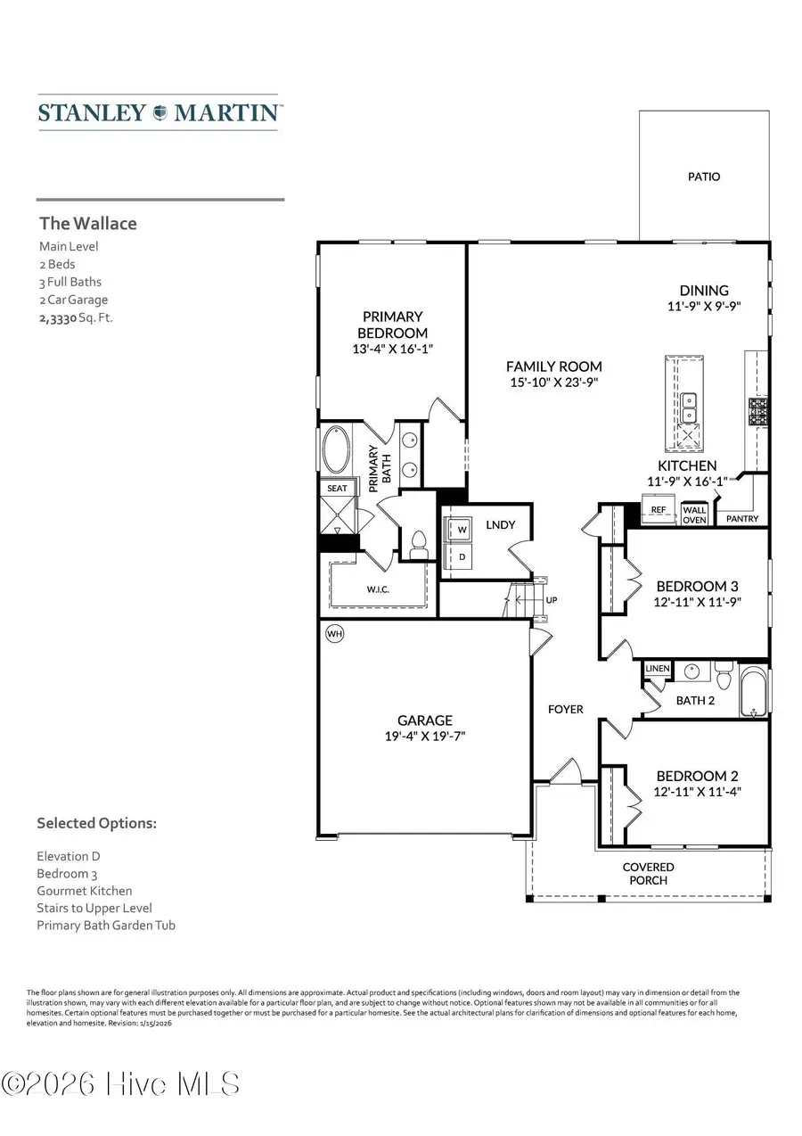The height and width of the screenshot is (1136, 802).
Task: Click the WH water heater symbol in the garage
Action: [x=335, y=633]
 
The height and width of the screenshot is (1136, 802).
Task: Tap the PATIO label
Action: [x=704, y=177]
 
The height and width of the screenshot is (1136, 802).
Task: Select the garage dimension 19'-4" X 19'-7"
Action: [x=425, y=736]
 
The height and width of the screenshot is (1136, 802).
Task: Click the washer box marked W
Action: [x=462, y=529]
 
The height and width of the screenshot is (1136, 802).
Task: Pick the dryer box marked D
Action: [x=462, y=556]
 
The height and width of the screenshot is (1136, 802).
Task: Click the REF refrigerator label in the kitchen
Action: [x=659, y=510]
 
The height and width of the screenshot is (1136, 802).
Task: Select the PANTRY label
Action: [x=742, y=518]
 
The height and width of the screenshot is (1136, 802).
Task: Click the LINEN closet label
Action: [x=658, y=668]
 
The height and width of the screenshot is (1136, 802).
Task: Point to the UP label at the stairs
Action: [x=551, y=600]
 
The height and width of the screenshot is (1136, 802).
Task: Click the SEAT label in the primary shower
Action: [x=337, y=488]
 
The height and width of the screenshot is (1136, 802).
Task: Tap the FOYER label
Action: [x=565, y=709]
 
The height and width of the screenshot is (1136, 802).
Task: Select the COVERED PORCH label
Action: [x=648, y=873]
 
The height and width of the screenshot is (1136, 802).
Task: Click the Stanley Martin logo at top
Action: [x=160, y=113]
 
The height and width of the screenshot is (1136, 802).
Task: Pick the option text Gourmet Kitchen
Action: [x=84, y=890]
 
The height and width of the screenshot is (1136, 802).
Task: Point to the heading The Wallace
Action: [x=87, y=223]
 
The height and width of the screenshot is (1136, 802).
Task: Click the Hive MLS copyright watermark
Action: [x=120, y=1084]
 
